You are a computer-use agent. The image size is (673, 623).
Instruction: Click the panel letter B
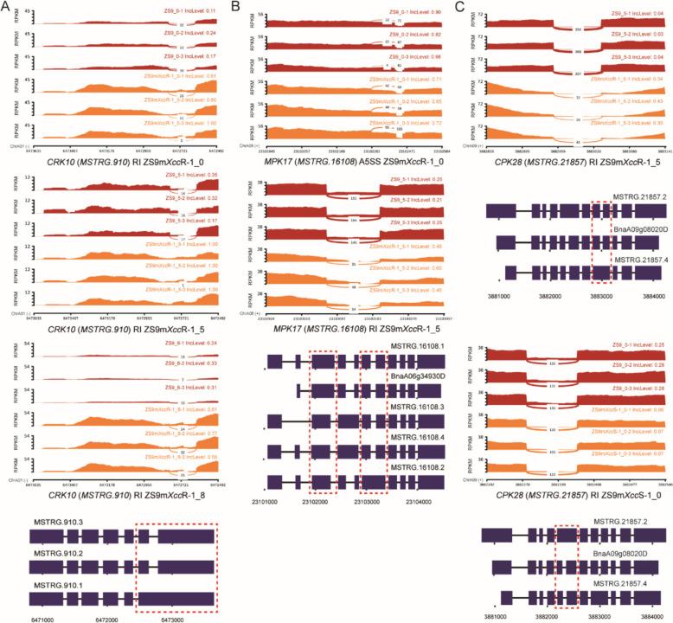[235, 8]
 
